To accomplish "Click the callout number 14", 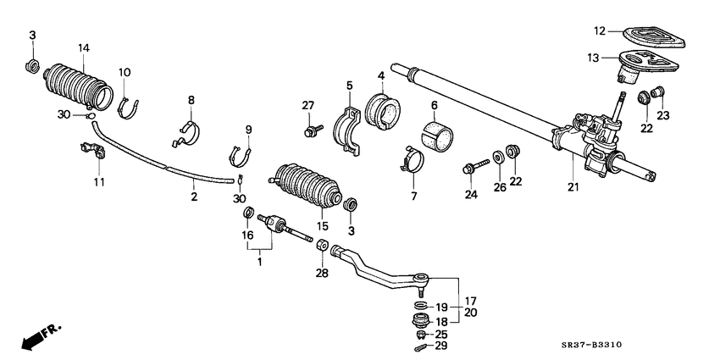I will coord(83,47).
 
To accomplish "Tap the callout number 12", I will coord(599,31).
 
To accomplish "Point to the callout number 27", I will coord(308,105).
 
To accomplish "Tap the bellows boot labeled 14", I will coord(76,86).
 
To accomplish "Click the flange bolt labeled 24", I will coord(474,167).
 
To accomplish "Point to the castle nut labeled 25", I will coord(419,333).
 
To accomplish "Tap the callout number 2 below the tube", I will coord(194,197).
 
